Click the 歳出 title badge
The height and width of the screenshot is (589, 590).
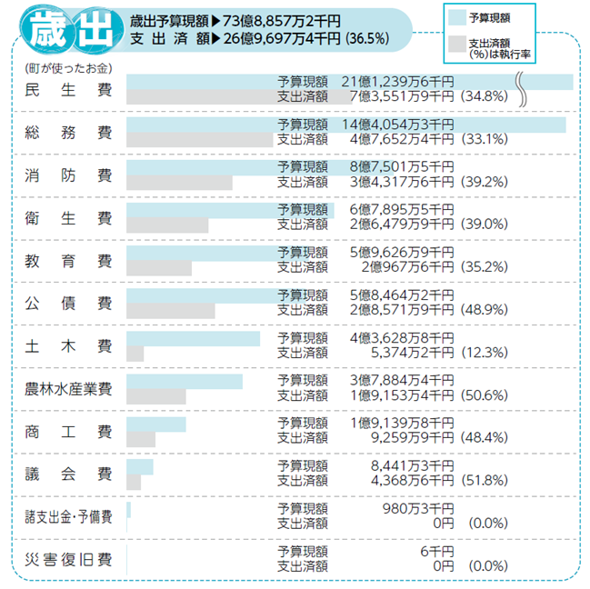coord(65,31)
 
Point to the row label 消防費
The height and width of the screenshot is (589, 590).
coord(69,176)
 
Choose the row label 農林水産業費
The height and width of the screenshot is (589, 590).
coord(69,389)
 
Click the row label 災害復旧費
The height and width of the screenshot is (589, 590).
coord(69,558)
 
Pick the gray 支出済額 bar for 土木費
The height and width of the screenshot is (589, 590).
coord(135,354)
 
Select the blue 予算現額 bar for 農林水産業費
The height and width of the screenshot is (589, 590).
coord(185,381)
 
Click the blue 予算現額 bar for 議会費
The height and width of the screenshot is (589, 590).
coord(140,466)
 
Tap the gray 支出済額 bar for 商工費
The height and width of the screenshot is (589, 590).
coord(141,439)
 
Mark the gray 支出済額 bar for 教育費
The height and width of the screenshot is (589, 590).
coord(159,268)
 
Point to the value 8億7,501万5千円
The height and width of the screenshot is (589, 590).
coord(401,167)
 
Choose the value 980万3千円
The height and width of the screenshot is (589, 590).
coord(417,508)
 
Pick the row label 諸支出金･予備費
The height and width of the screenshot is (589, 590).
coord(69,516)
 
